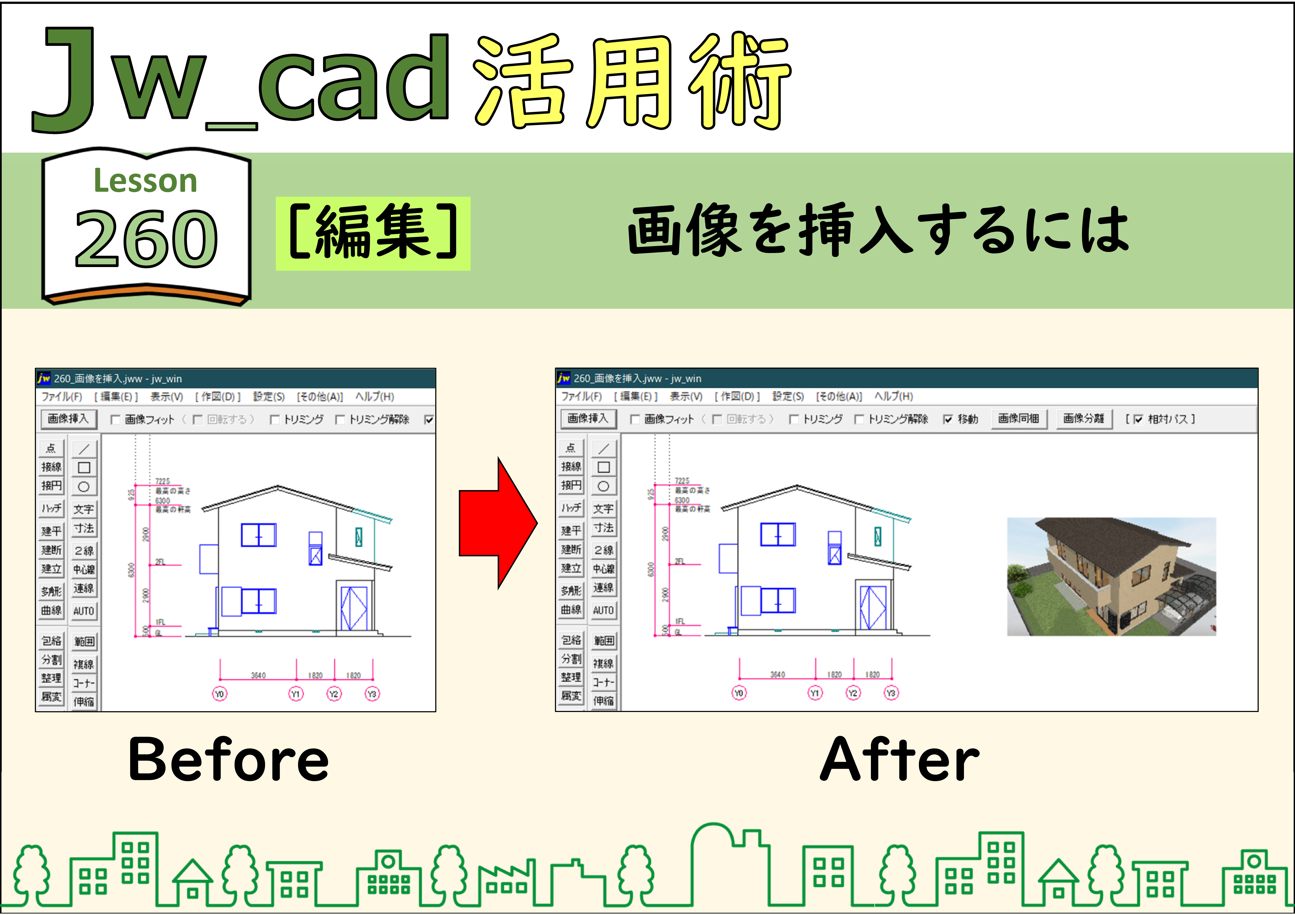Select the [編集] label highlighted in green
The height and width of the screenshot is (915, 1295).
click(x=373, y=233)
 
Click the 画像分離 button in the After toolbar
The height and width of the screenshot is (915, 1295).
click(x=1084, y=419)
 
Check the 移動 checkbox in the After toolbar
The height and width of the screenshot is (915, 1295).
click(x=948, y=419)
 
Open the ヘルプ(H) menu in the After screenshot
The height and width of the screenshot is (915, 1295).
click(x=893, y=396)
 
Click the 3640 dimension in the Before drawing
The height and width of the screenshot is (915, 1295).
click(x=258, y=675)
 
